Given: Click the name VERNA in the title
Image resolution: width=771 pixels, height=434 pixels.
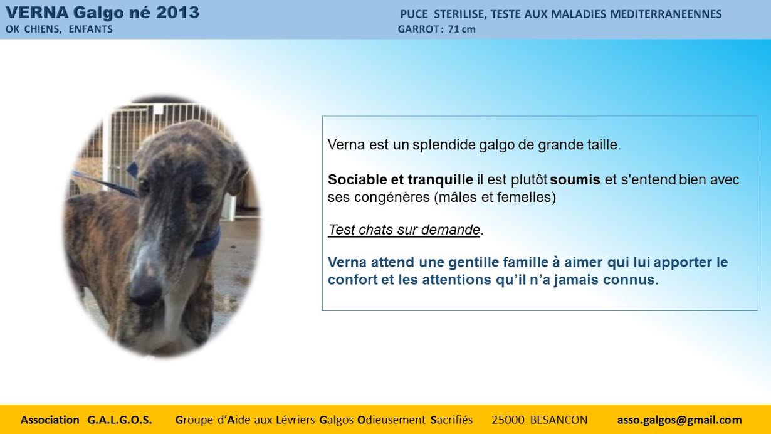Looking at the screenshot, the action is coord(37,13).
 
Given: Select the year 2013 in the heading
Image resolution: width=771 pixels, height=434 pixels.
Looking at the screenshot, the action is coord(177,13).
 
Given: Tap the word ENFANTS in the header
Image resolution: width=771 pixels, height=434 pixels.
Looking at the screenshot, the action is coord(90,29).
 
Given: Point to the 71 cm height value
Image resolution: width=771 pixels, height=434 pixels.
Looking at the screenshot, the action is coord(461,29).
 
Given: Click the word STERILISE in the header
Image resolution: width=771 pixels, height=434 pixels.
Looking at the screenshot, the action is coord(460,14).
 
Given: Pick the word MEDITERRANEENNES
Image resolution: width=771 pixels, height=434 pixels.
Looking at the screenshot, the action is coord(666,14).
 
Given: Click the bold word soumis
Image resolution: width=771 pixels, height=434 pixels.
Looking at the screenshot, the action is coord(575,180).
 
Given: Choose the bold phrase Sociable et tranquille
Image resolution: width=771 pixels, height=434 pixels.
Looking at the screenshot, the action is coord(401,180).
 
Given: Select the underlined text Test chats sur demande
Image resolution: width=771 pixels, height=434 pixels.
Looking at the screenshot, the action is coord(404,230).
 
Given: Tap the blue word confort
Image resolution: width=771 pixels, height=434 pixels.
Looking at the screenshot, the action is coord(352,280).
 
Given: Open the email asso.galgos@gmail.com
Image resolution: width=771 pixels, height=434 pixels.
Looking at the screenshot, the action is coord(679,420).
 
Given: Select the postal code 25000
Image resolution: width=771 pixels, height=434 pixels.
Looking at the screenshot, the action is coord(508,420).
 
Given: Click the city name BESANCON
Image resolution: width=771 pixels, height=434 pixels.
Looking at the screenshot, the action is coord(559,420).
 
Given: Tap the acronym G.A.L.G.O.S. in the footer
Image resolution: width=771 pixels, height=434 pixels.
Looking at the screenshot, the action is coord(120,420).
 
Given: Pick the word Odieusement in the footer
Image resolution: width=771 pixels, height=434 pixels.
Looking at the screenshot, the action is coord(391,420).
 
